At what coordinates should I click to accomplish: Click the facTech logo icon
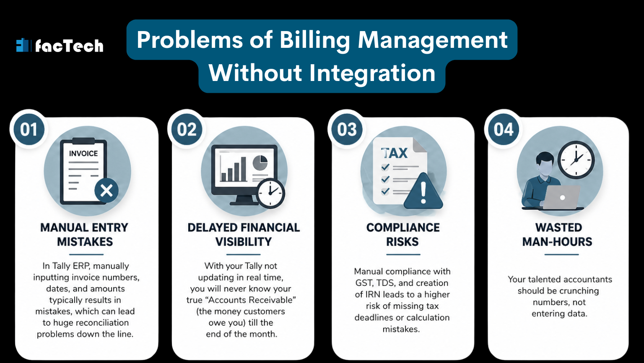click(22, 45)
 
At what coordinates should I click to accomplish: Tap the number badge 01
click(29, 130)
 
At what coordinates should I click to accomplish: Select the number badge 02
click(187, 130)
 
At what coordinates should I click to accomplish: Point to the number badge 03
click(347, 130)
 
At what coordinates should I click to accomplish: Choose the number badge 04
click(503, 130)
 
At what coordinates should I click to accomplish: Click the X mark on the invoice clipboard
click(106, 191)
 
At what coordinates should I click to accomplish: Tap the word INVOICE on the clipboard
click(83, 154)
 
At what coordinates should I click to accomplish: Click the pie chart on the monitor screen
click(260, 162)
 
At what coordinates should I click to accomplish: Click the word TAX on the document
click(394, 153)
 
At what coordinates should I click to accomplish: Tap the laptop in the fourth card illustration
click(561, 197)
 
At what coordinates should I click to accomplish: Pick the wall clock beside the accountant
click(576, 159)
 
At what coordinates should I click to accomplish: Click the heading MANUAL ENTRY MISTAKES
click(85, 235)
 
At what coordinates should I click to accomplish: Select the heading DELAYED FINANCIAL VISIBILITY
click(244, 235)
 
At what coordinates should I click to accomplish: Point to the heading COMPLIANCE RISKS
click(403, 235)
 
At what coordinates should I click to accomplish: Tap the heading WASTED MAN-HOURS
click(558, 235)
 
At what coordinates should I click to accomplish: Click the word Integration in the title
click(372, 73)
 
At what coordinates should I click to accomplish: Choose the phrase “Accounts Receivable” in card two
click(239, 300)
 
